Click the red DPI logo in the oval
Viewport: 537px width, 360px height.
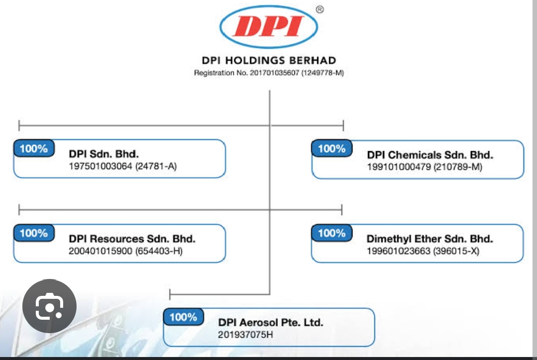[x=268, y=26]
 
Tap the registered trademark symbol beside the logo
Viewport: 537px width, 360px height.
[x=320, y=9]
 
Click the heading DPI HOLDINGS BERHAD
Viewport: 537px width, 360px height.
[x=269, y=60]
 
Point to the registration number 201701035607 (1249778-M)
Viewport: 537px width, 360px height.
[x=269, y=73]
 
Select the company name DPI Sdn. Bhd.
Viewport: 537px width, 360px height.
[x=104, y=154]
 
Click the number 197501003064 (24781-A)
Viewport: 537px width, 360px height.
[x=123, y=166]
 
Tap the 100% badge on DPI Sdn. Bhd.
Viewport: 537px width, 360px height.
[x=34, y=148]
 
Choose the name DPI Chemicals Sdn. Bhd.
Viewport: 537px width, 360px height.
[x=430, y=155]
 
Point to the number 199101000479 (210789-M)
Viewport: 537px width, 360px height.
[x=424, y=167]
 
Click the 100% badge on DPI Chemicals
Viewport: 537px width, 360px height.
[x=332, y=148]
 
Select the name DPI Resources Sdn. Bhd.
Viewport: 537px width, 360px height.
[x=132, y=239]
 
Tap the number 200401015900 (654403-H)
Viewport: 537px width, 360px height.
[x=125, y=251]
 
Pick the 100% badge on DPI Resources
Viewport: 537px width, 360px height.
[x=34, y=233]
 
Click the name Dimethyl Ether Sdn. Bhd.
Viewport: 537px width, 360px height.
[x=430, y=239]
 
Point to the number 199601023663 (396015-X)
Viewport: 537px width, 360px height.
[x=423, y=251]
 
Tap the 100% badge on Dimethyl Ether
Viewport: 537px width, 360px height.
[x=332, y=233]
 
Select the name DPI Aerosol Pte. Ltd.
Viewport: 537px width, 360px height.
[x=270, y=322]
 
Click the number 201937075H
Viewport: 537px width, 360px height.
[x=246, y=335]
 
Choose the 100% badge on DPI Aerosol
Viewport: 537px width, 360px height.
[x=183, y=317]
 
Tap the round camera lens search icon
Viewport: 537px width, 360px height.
[x=49, y=306]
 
